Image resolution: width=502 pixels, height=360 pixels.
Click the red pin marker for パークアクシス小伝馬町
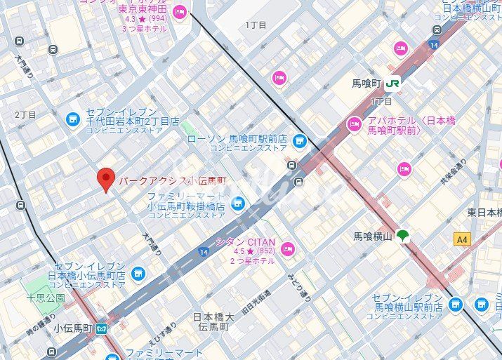pos(105,180)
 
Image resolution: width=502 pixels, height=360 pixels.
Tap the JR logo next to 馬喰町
pos(392,84)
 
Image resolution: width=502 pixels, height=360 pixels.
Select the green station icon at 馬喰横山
pos(403,236)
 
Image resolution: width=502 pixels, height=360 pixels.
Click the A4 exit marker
pos(461,239)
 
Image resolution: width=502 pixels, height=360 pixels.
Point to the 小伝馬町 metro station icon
pos(102,328)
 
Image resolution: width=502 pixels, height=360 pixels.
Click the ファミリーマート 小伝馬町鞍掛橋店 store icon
pos(238,203)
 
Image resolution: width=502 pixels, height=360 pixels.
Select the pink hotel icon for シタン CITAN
pos(288,248)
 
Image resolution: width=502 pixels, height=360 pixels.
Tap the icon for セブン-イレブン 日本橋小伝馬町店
pos(138,273)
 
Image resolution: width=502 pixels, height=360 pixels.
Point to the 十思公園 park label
pos(46,298)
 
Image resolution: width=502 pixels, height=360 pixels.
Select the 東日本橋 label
pos(484,212)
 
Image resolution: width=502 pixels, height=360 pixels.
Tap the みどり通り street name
pos(290,288)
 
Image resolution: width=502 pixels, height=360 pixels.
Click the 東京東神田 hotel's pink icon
pos(180,11)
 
